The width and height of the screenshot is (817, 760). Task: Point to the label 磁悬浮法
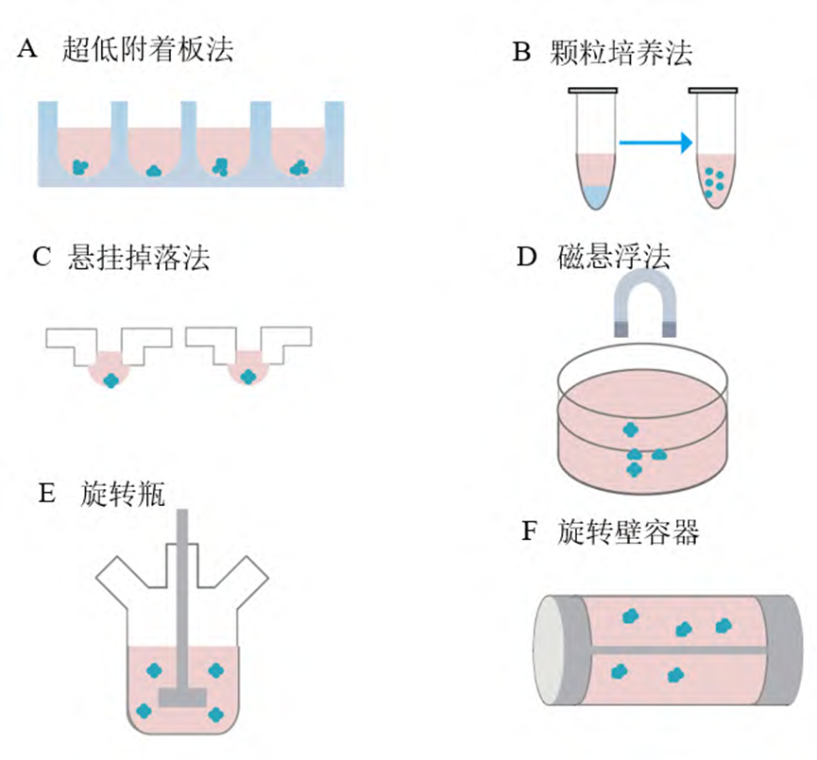(616, 256)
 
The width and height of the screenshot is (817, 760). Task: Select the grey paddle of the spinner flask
(182, 697)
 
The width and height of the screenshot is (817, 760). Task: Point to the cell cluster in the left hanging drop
(112, 380)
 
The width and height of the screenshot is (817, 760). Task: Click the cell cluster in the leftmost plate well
(82, 166)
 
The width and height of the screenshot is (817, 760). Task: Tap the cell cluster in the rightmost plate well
(299, 168)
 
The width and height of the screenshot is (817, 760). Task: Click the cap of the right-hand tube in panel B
(714, 91)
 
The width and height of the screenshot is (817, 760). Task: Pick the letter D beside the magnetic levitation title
(527, 258)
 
